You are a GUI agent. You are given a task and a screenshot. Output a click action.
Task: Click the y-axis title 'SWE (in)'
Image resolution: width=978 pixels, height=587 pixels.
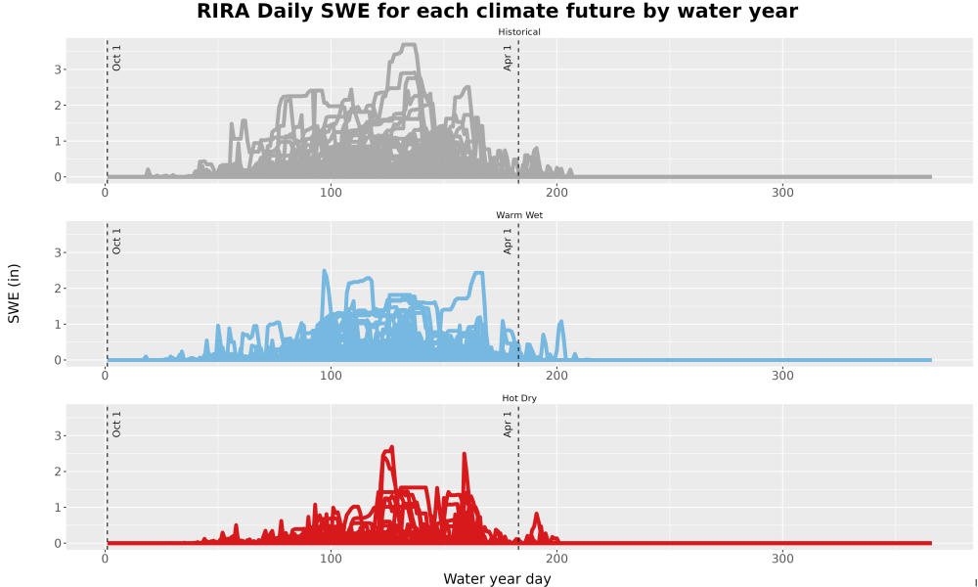pyautogui.click(x=14, y=293)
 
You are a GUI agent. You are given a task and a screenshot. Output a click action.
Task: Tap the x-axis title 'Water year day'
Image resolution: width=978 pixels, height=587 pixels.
pyautogui.click(x=497, y=579)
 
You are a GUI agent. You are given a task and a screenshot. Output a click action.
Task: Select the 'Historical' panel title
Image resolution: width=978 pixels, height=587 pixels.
pyautogui.click(x=519, y=32)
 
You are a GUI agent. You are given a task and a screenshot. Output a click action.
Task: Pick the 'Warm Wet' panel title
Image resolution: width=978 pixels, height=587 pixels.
pyautogui.click(x=519, y=215)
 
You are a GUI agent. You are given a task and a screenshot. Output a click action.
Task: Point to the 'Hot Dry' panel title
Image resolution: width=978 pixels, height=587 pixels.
pyautogui.click(x=519, y=398)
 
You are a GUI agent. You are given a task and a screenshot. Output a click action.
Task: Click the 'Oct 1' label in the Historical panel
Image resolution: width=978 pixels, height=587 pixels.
pyautogui.click(x=116, y=58)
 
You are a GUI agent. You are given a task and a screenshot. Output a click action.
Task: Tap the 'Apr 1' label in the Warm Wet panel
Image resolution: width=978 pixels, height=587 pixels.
pyautogui.click(x=508, y=241)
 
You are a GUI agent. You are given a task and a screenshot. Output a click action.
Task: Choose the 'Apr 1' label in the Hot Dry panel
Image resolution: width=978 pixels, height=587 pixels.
pyautogui.click(x=508, y=425)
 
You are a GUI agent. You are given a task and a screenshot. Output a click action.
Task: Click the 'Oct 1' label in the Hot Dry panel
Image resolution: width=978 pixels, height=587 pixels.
pyautogui.click(x=116, y=425)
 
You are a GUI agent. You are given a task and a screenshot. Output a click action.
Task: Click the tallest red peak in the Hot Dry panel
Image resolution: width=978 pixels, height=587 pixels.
pyautogui.click(x=391, y=447)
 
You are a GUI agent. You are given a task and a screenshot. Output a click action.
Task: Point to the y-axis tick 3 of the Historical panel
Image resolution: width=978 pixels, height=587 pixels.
pyautogui.click(x=58, y=69)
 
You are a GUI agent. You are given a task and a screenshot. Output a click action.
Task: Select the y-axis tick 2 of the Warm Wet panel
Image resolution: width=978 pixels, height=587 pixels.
pyautogui.click(x=58, y=289)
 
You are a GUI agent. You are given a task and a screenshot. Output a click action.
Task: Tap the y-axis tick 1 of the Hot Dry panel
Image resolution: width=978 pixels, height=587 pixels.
pyautogui.click(x=58, y=507)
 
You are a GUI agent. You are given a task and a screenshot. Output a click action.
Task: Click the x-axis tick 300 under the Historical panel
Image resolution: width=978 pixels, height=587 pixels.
pyautogui.click(x=782, y=193)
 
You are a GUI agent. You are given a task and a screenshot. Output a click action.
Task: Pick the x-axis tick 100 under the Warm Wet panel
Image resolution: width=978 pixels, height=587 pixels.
pyautogui.click(x=331, y=376)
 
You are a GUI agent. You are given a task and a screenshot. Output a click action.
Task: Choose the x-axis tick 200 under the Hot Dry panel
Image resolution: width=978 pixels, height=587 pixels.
pyautogui.click(x=556, y=559)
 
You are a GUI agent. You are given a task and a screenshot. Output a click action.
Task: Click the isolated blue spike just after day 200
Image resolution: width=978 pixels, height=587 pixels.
pyautogui.click(x=560, y=323)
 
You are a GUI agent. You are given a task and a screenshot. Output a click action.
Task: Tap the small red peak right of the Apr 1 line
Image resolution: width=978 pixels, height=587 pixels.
pyautogui.click(x=536, y=516)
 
